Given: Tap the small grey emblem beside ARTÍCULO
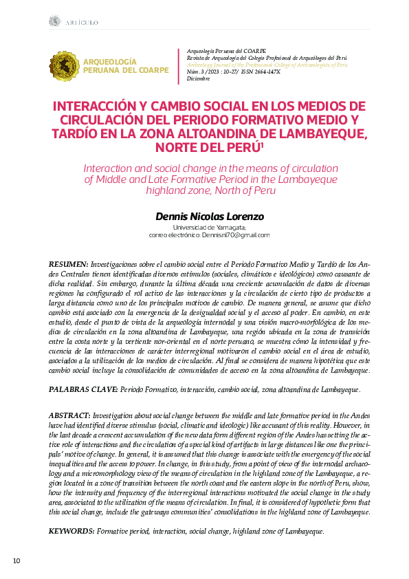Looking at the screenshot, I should [54, 22].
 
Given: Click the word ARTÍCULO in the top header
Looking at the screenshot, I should [82, 23].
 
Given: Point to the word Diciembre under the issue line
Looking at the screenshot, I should [199, 78].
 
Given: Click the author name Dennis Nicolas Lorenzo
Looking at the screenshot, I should [210, 217].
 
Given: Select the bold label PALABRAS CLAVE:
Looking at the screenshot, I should [83, 390].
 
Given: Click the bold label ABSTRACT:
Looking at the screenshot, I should [69, 416].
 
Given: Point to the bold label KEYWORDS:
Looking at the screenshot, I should [72, 532].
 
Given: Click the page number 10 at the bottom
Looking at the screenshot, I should [18, 561].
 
